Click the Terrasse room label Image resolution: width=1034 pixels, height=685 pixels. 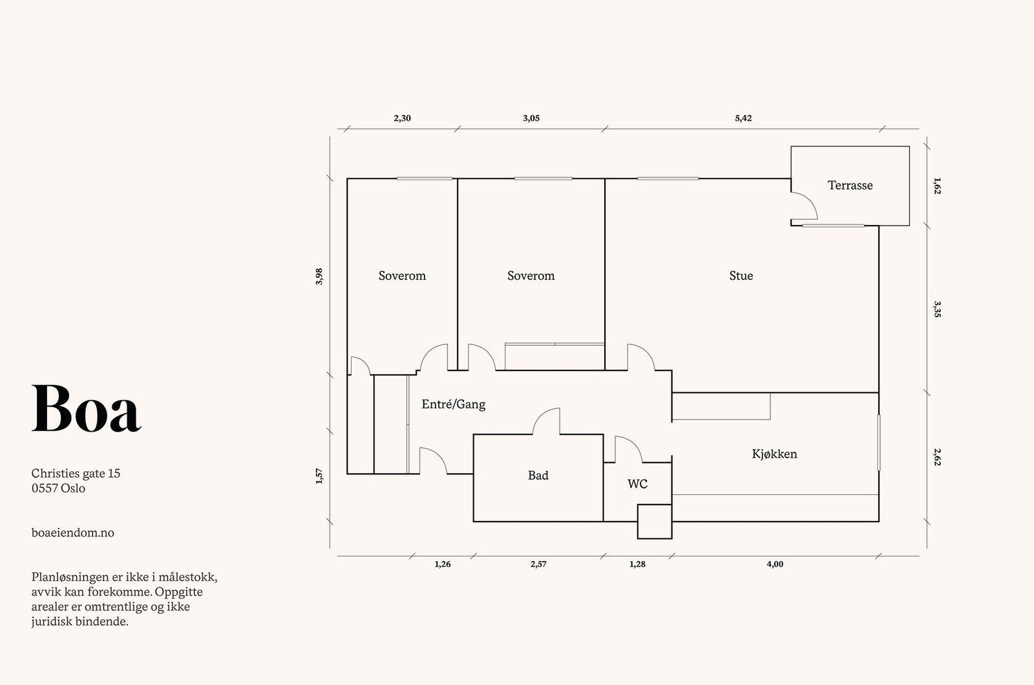[850, 185]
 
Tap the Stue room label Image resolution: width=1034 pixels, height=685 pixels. [741, 275]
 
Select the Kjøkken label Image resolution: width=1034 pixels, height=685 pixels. [774, 454]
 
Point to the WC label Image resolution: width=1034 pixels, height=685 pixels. [637, 484]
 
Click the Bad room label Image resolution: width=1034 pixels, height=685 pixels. [538, 475]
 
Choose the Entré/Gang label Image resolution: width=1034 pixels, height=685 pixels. [453, 405]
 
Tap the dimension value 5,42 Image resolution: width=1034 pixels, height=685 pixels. [743, 118]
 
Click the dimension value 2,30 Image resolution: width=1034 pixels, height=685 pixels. [402, 118]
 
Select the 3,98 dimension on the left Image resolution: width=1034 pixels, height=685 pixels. [319, 277]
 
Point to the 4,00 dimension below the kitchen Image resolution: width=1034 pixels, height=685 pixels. [775, 564]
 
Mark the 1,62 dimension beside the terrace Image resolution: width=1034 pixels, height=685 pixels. [937, 185]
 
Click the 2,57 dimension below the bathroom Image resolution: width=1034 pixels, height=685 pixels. [539, 564]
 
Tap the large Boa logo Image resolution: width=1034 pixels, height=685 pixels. [86, 408]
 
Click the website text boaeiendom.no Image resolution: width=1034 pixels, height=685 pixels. [73, 532]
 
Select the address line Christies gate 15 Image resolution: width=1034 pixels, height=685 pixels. [76, 473]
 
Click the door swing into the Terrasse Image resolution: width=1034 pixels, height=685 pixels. [804, 206]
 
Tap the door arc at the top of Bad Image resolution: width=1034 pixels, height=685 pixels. [547, 421]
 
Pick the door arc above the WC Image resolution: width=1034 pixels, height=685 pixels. [629, 449]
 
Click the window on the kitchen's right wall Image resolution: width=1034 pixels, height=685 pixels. [878, 443]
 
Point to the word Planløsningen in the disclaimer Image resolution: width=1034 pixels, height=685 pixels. [65, 578]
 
